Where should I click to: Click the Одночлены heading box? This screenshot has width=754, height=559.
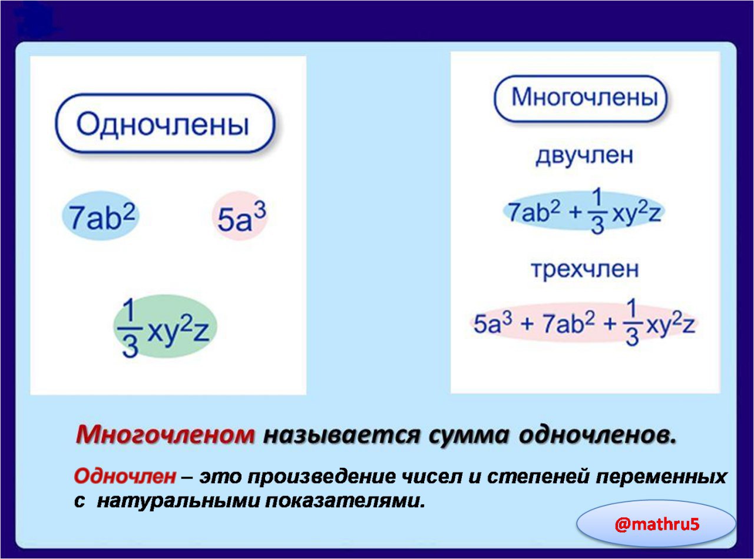point(165,123)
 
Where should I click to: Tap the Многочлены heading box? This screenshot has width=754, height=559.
point(581,98)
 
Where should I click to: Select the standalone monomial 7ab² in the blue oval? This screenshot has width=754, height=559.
point(101,216)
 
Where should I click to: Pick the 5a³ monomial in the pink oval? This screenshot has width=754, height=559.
point(240,216)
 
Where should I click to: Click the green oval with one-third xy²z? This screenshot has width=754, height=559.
point(165,327)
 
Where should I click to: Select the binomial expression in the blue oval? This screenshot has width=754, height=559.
point(584,211)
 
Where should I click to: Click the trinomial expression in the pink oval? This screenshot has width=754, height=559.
point(584,322)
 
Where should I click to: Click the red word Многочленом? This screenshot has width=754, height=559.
point(165,435)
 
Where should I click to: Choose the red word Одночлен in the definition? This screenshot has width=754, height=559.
point(125,477)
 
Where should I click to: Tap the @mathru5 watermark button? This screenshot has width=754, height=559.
point(657,525)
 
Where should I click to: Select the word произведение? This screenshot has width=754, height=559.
point(321,477)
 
